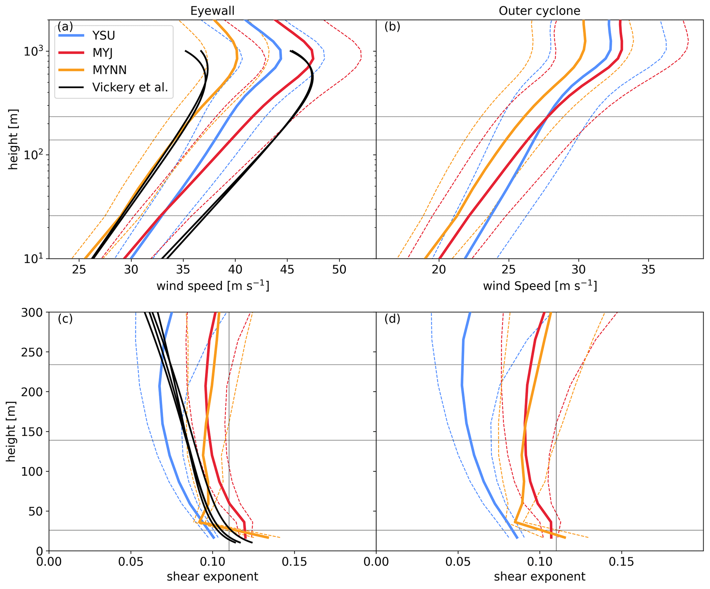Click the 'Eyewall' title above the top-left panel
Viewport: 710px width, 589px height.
212,11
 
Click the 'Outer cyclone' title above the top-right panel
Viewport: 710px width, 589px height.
539,11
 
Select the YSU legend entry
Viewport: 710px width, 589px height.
103,35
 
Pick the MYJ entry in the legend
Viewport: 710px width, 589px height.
102,53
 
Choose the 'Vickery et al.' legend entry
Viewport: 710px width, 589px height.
130,87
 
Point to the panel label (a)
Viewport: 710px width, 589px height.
65,26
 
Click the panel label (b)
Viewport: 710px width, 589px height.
392,26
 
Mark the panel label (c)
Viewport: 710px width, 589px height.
65,319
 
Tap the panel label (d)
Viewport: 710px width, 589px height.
392,319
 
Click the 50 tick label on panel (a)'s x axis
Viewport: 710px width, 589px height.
339,270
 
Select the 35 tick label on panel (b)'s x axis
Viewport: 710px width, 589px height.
648,270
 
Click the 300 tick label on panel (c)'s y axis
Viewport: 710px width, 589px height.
32,313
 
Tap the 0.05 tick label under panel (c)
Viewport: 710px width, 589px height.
131,562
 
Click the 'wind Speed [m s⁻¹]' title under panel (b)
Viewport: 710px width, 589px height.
540,286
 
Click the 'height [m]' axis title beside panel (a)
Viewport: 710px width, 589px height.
13,139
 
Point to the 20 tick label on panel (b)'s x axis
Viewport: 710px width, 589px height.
439,270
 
